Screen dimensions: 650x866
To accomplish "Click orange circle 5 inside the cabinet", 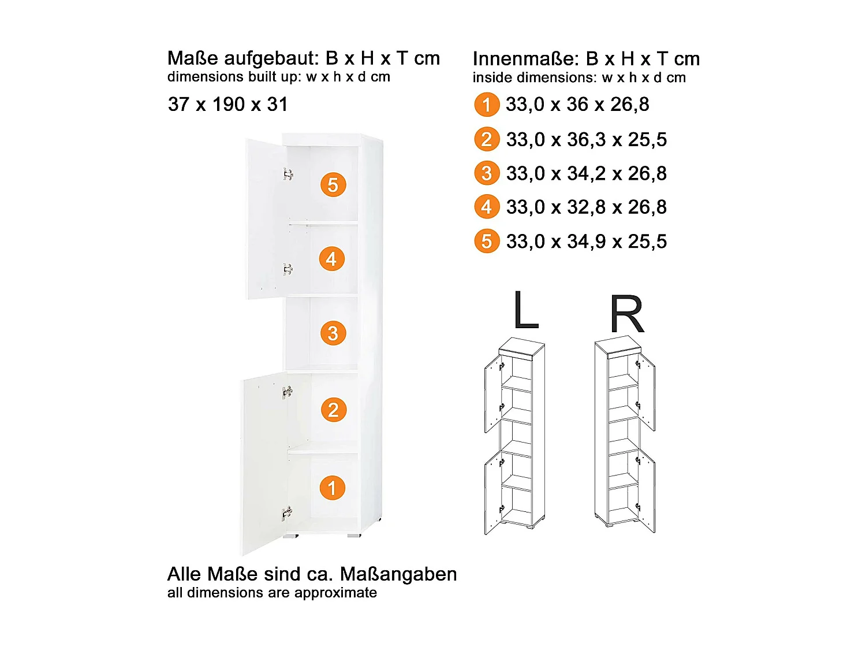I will click(x=333, y=185).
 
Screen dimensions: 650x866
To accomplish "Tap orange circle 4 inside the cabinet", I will click(x=331, y=259).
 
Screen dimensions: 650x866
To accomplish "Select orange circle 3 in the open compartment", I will click(x=333, y=333).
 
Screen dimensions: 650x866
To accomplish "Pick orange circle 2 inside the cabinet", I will click(x=333, y=410).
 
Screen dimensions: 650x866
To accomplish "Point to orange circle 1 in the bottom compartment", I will click(x=332, y=488).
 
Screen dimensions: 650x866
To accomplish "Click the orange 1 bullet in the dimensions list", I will click(x=487, y=105).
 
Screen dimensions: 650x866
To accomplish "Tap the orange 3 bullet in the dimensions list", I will click(x=487, y=173).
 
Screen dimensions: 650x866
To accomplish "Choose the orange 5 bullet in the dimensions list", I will click(x=487, y=242).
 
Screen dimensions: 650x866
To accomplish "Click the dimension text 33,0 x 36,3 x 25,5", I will click(x=586, y=139).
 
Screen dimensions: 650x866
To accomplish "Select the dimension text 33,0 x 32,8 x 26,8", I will click(x=586, y=207).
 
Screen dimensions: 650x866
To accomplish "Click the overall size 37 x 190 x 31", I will click(x=227, y=105).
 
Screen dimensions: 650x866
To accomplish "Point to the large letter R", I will click(x=626, y=315).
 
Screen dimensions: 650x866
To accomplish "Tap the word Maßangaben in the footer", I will click(x=398, y=574).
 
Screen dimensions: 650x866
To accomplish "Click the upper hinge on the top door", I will click(x=288, y=174).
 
